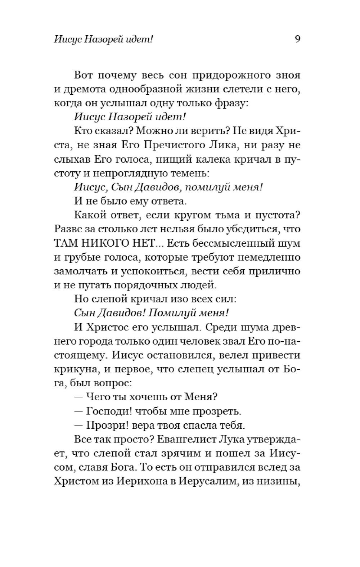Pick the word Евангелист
pyautogui.click(x=174, y=439)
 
